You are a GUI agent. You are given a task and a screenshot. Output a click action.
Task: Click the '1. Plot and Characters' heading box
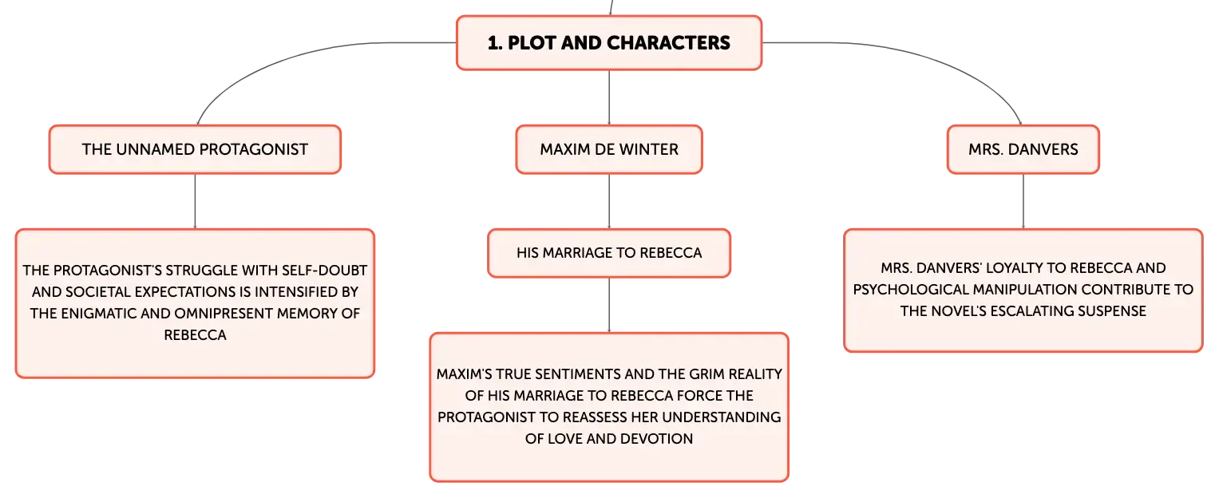coord(609,42)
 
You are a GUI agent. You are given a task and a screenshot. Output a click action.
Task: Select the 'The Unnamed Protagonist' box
coord(195,149)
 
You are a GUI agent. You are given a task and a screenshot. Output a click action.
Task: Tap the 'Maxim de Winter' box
coord(609,149)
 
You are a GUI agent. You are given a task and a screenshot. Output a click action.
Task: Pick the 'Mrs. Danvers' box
coord(1023,149)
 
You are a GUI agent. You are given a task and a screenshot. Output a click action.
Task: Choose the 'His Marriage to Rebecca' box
coord(609,253)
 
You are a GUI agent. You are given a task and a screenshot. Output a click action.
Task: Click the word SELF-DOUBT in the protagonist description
coord(325,271)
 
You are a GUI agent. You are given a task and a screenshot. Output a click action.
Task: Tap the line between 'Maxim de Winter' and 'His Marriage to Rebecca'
coord(609,201)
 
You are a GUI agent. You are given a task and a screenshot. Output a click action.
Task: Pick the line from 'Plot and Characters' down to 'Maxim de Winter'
coord(609,98)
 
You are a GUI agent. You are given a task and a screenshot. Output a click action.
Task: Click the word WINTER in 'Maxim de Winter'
coord(652,149)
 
